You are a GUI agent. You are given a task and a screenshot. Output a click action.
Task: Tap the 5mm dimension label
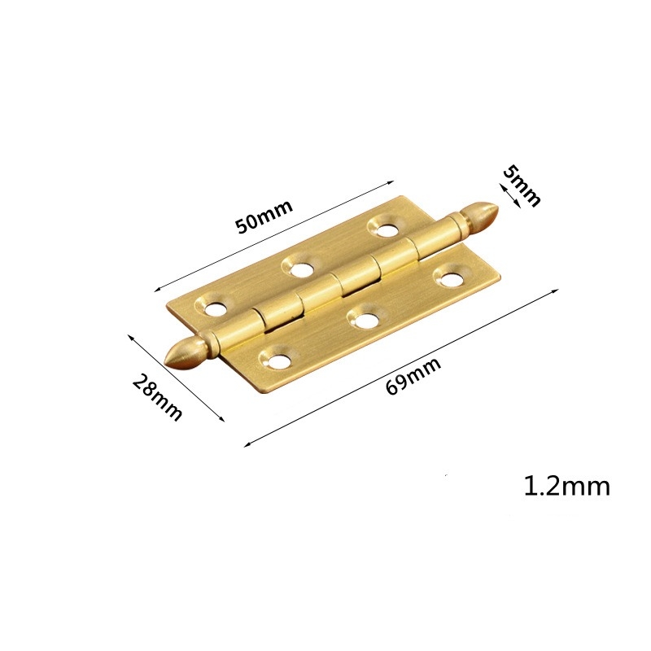point(522,186)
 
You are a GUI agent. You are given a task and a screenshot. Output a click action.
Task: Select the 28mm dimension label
point(158,397)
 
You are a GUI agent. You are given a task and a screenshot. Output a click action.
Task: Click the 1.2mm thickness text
point(566,487)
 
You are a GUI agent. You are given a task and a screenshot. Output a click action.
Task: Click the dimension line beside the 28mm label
point(175,376)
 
